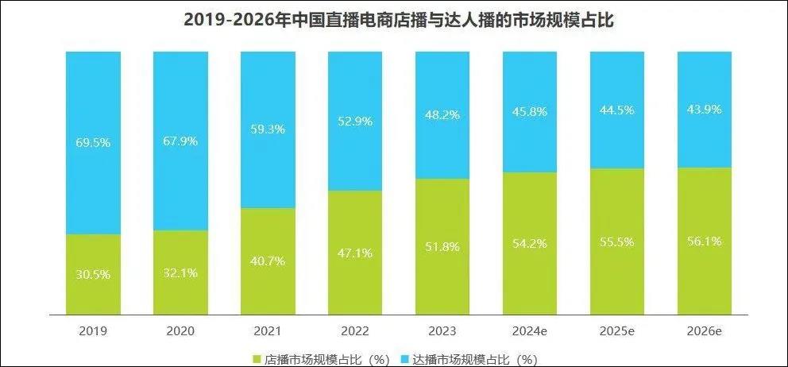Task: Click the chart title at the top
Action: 394,20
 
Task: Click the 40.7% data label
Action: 268,263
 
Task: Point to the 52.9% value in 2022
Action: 355,121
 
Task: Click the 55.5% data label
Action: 617,241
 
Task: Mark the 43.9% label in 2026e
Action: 704,109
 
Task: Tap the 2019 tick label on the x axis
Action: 93,329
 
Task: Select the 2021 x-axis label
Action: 268,329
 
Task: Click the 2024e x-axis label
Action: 530,329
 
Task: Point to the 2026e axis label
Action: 704,329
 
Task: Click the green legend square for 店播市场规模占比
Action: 256,358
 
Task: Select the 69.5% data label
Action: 93,143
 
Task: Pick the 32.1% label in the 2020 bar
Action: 180,273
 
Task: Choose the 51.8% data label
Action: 442,246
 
